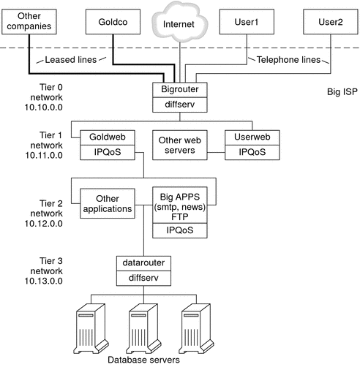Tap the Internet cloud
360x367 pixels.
click(x=179, y=23)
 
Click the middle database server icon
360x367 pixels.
click(x=144, y=325)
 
